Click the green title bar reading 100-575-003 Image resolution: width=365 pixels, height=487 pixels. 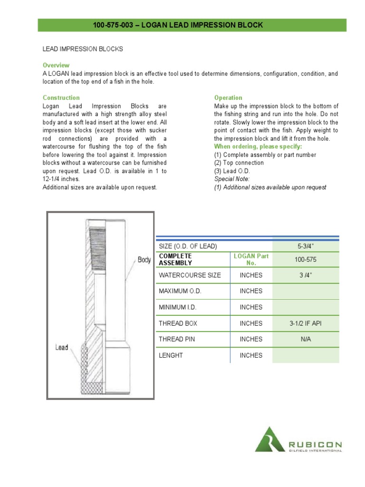[x=192, y=25]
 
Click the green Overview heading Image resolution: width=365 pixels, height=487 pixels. [x=56, y=65]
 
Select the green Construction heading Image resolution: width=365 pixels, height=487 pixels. [x=61, y=97]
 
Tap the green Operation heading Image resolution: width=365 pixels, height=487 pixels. [x=228, y=97]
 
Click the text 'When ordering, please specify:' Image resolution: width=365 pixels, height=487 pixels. [x=258, y=146]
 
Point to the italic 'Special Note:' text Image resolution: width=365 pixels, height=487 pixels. [x=231, y=179]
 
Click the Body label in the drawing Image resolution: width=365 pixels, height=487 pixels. [x=144, y=260]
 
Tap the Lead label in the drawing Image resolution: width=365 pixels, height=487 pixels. [x=62, y=348]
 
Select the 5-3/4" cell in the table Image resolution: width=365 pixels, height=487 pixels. [x=306, y=246]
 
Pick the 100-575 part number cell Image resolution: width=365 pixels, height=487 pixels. [x=306, y=259]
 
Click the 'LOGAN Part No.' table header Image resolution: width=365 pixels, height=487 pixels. [x=251, y=259]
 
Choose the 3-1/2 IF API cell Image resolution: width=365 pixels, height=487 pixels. [x=306, y=323]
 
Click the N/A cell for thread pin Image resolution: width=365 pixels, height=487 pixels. [x=306, y=339]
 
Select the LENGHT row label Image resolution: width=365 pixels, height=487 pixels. [x=171, y=355]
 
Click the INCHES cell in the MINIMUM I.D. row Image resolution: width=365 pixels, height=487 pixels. [x=251, y=307]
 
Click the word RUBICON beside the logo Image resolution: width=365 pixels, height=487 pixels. [x=315, y=445]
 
